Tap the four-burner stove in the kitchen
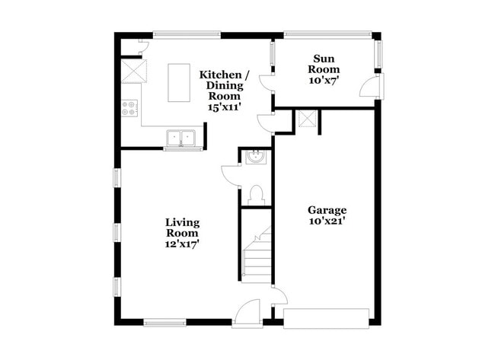129,109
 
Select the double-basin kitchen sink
181,138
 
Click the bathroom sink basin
256,158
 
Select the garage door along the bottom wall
327,317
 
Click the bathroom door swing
231,174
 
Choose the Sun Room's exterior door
369,87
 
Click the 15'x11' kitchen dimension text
222,107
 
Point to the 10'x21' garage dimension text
327,221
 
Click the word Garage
327,210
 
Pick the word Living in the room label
183,222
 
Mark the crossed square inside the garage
308,119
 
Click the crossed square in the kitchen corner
136,72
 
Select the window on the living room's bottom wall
164,322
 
